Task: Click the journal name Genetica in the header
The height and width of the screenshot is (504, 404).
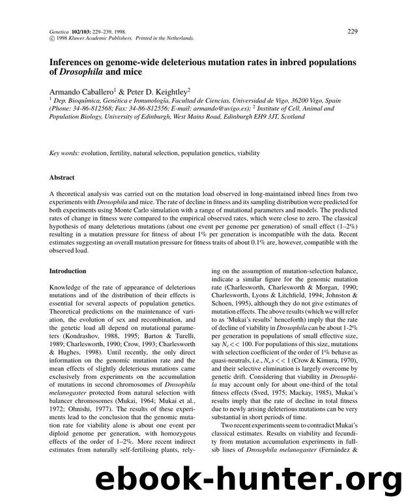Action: pos(61,31)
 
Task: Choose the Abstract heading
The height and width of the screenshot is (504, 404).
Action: pos(62,177)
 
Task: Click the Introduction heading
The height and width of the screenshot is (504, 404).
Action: pos(68,271)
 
